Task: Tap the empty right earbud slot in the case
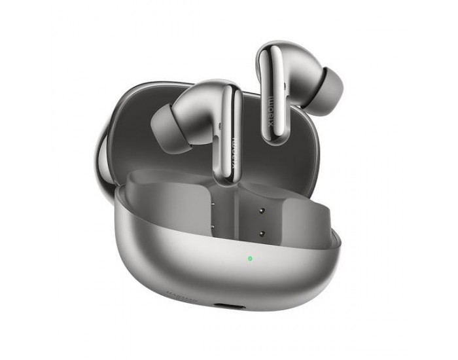(x=314, y=200)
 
